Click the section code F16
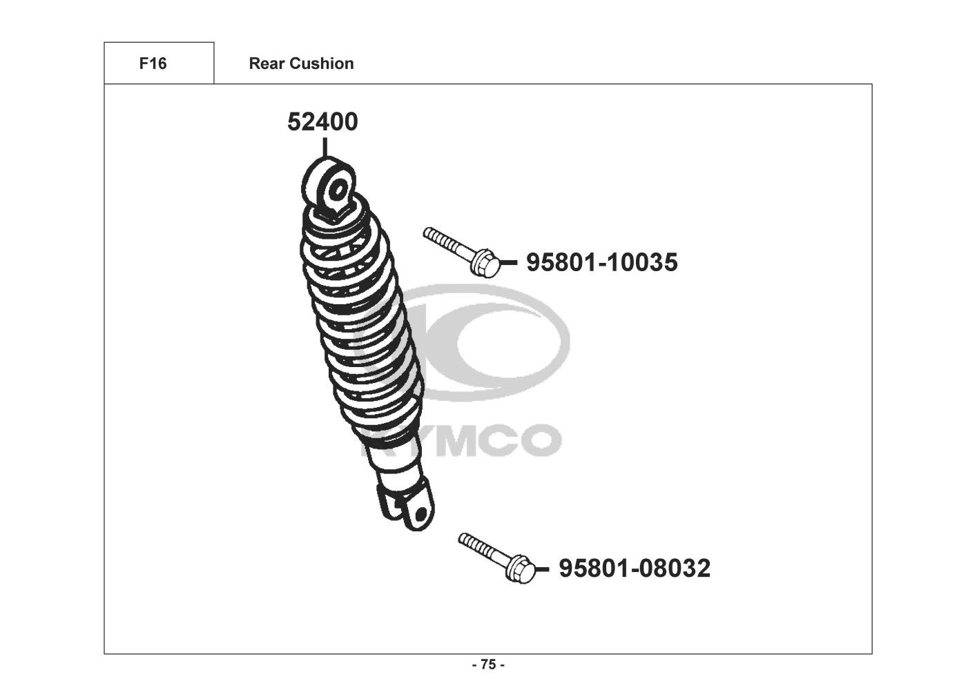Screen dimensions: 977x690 pos(153,63)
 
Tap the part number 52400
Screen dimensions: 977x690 pos(322,121)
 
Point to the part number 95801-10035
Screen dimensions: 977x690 pos(602,262)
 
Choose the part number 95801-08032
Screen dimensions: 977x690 pos(635,569)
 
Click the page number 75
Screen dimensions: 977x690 pos(489,664)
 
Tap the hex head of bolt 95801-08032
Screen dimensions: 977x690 pos(521,569)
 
